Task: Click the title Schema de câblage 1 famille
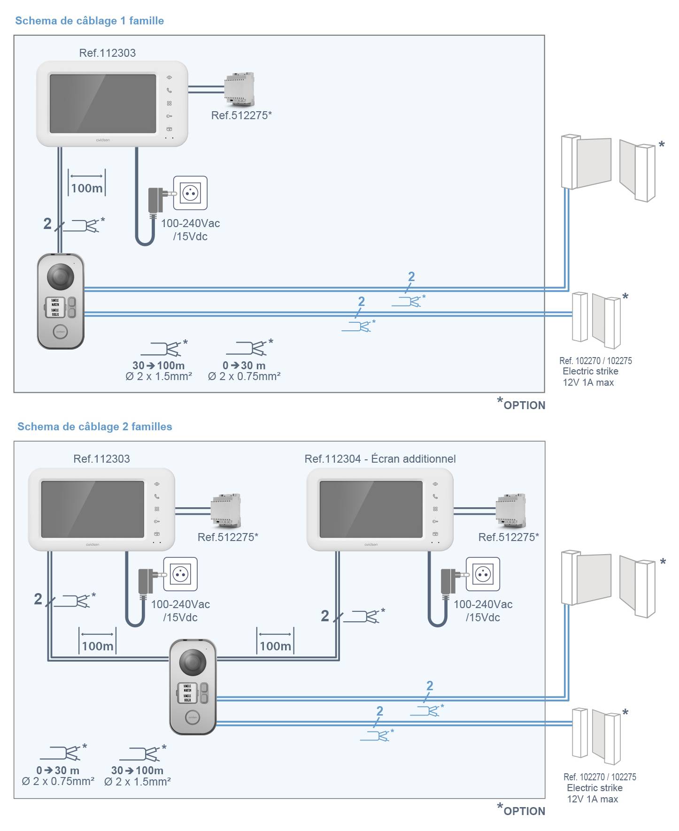[x=89, y=21]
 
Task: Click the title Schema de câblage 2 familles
[x=94, y=427]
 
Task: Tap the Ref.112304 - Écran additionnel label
[x=380, y=459]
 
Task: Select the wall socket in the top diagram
[x=190, y=193]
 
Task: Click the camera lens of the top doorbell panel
[x=61, y=276]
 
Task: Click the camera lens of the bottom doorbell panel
[x=193, y=662]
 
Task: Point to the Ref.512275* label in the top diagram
[x=241, y=115]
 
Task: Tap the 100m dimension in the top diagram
[x=87, y=188]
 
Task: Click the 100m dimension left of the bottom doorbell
[x=97, y=646]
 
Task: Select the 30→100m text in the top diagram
[x=159, y=366]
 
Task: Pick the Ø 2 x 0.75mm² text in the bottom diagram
[x=58, y=782]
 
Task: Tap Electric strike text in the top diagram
[x=590, y=371]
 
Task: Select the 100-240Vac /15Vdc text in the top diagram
[x=190, y=230]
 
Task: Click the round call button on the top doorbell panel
[x=60, y=331]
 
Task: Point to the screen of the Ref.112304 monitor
[x=371, y=509]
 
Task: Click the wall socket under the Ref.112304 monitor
[x=483, y=574]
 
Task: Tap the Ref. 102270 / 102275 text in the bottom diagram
[x=600, y=777]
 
